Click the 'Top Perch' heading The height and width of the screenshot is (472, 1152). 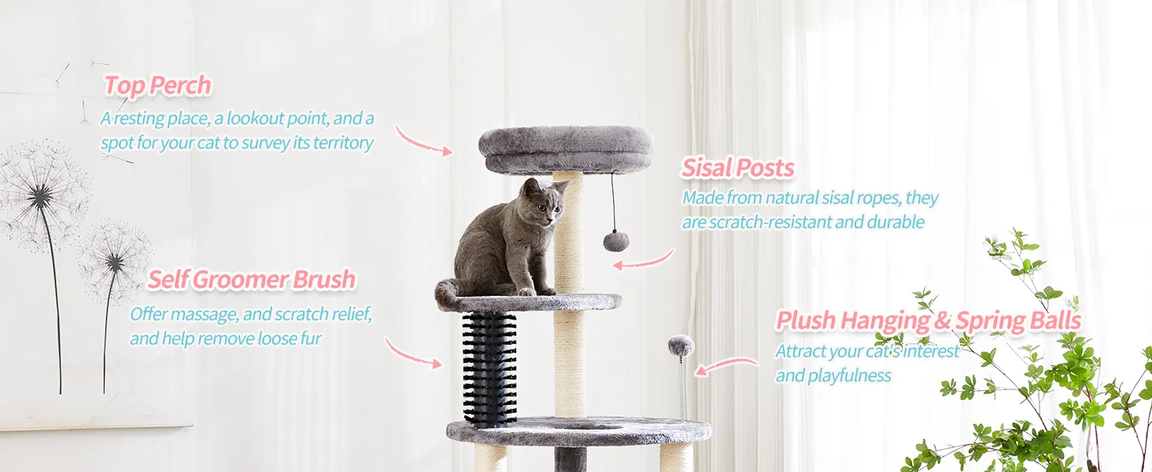point(157,85)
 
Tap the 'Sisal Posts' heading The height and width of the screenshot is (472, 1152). point(738,168)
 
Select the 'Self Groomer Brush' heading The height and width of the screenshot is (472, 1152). point(252,280)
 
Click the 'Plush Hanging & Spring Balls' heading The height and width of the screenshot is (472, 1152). point(929,320)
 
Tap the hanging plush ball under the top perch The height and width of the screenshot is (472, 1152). point(615,241)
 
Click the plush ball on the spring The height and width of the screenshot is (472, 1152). point(681,345)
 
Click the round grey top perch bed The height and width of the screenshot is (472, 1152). point(566,149)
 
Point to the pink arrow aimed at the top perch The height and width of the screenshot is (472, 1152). point(423,142)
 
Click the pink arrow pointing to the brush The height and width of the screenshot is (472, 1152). point(412,354)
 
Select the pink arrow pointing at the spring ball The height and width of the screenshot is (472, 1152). point(726,364)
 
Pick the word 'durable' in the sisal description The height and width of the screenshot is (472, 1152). point(895,222)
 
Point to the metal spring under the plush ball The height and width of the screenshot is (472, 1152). point(682,388)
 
